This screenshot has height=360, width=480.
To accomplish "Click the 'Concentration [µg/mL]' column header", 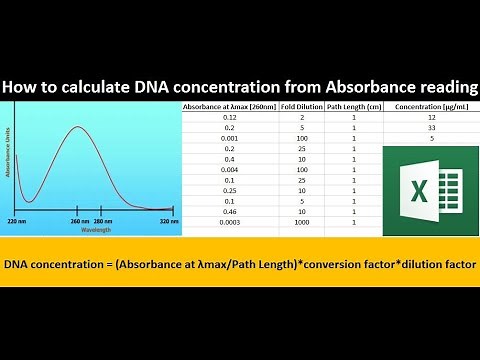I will click(430, 106).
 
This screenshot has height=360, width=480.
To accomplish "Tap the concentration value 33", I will click(430, 128).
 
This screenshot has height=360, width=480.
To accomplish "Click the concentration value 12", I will click(430, 117).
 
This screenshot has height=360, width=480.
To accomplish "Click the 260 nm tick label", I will click(81, 220).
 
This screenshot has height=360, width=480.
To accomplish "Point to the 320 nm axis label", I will click(168, 220).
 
